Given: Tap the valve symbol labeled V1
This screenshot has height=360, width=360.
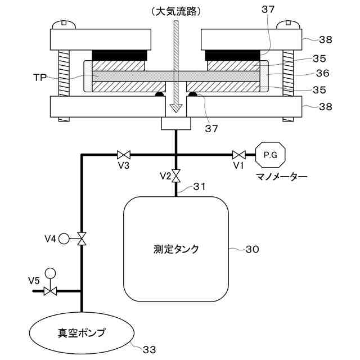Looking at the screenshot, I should point(238,154).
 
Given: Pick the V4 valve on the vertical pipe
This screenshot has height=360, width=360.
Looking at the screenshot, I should point(82,238).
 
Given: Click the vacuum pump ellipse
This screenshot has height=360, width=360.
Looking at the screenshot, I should point(82,331).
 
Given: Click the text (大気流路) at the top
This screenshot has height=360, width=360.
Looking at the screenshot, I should point(176,11).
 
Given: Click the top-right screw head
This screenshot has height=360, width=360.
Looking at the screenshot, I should point(291,24).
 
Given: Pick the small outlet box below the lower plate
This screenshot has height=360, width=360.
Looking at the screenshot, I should point(176,123).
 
